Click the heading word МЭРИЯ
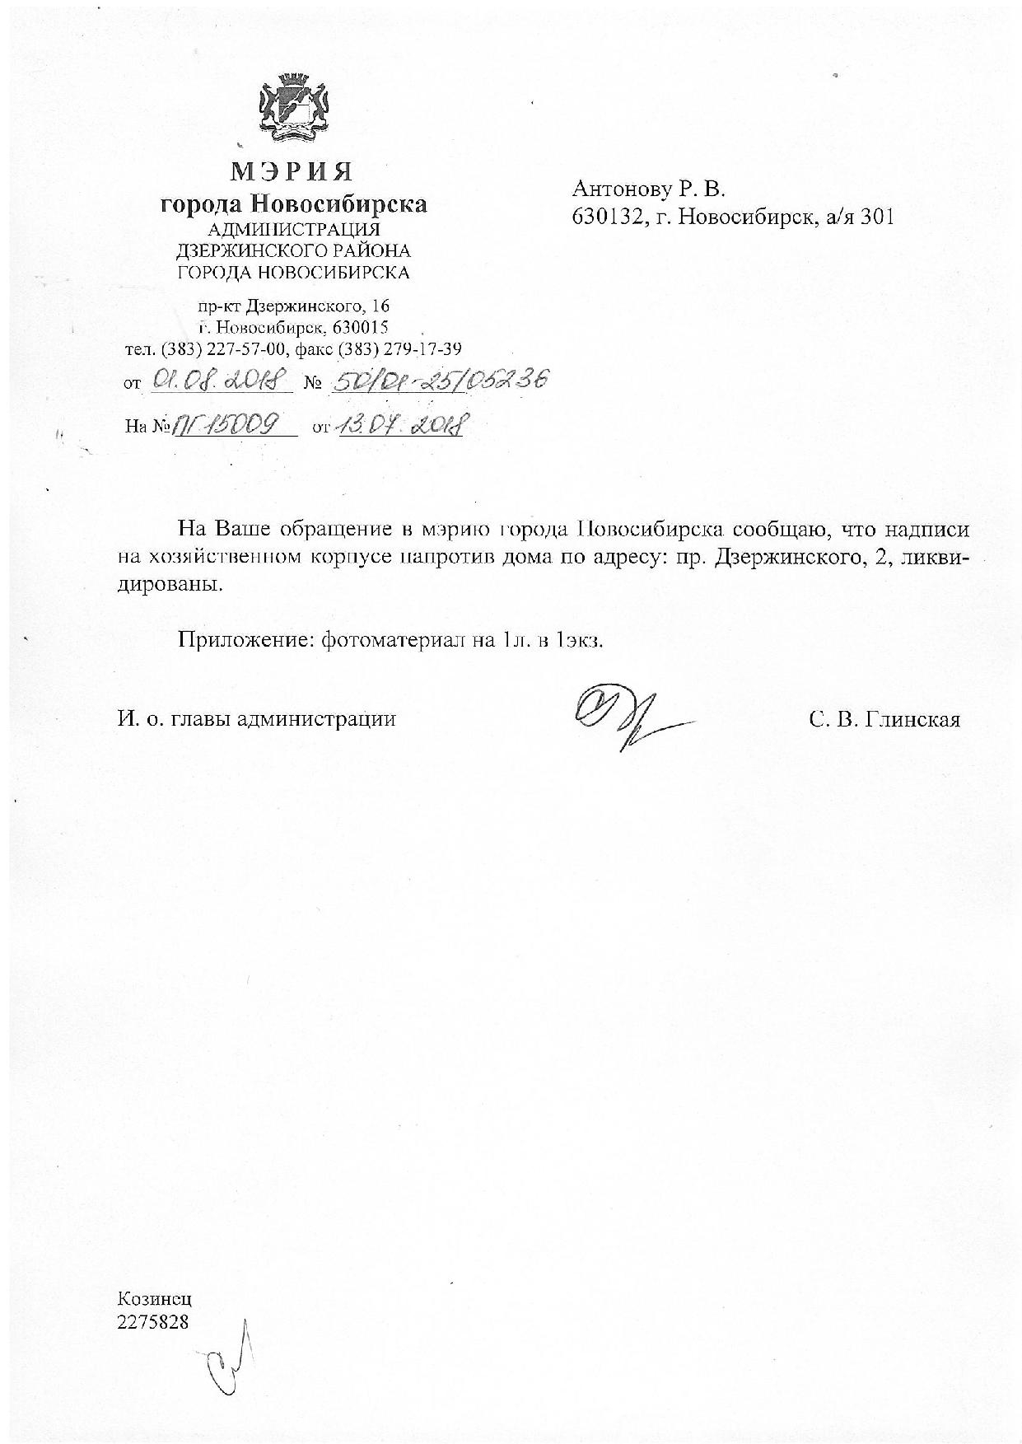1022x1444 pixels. click(x=292, y=171)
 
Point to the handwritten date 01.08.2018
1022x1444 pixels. click(x=217, y=382)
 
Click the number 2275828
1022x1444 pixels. click(x=153, y=1322)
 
